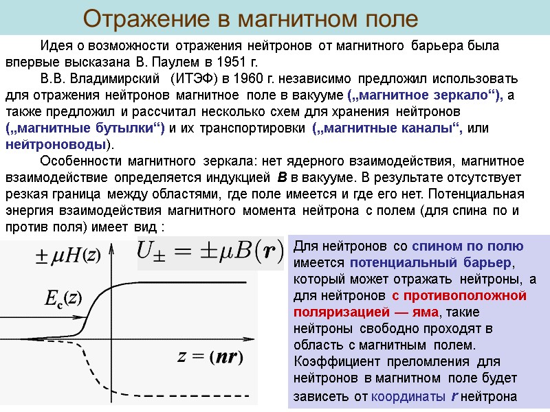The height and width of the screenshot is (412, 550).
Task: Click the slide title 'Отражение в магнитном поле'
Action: [x=250, y=19]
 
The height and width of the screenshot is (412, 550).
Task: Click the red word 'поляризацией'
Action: [x=341, y=312]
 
